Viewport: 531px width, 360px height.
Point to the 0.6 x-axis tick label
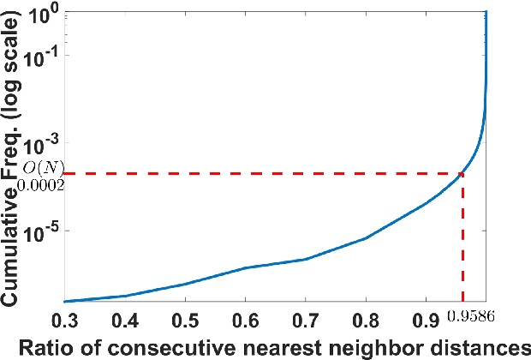pos(246,322)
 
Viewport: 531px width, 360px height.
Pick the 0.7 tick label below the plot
pos(306,322)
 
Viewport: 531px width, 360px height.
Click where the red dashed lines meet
pos(463,174)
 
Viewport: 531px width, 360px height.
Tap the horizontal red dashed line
pos(257,174)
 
